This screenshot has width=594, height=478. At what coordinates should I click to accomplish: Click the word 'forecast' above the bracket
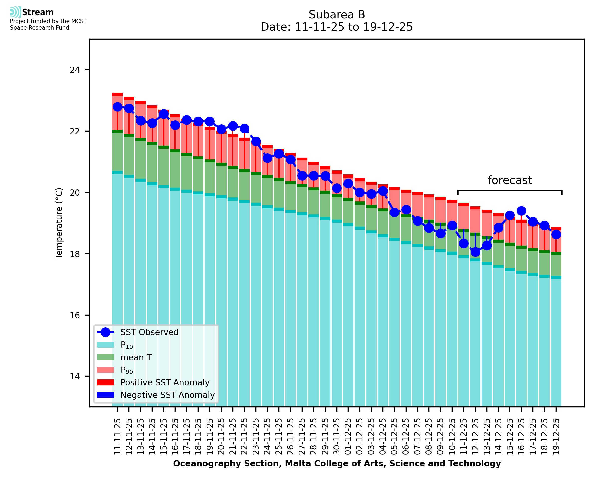[x=509, y=180]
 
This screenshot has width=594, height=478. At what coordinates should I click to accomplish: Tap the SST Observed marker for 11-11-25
[x=117, y=107]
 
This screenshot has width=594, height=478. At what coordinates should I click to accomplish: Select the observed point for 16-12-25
[x=521, y=211]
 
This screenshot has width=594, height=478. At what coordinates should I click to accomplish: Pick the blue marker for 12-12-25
[x=475, y=252]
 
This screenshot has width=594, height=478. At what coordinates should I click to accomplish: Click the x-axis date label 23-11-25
[x=256, y=436]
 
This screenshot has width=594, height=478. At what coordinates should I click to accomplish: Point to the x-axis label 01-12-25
[x=348, y=436]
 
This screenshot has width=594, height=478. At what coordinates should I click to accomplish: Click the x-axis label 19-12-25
[x=556, y=436]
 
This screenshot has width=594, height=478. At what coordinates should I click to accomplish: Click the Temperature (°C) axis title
[x=59, y=223]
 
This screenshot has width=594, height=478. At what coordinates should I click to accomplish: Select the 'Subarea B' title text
[x=337, y=15]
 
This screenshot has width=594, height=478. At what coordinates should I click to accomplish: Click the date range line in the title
[x=337, y=27]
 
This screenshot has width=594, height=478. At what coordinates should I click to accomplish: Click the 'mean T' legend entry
[x=136, y=357]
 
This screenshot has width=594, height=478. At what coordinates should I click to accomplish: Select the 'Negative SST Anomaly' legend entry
[x=168, y=395]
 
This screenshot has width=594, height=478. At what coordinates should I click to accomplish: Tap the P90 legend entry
[x=127, y=370]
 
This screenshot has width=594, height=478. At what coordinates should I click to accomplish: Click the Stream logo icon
[x=15, y=12]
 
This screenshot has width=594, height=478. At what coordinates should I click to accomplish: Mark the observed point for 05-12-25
[x=395, y=212]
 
